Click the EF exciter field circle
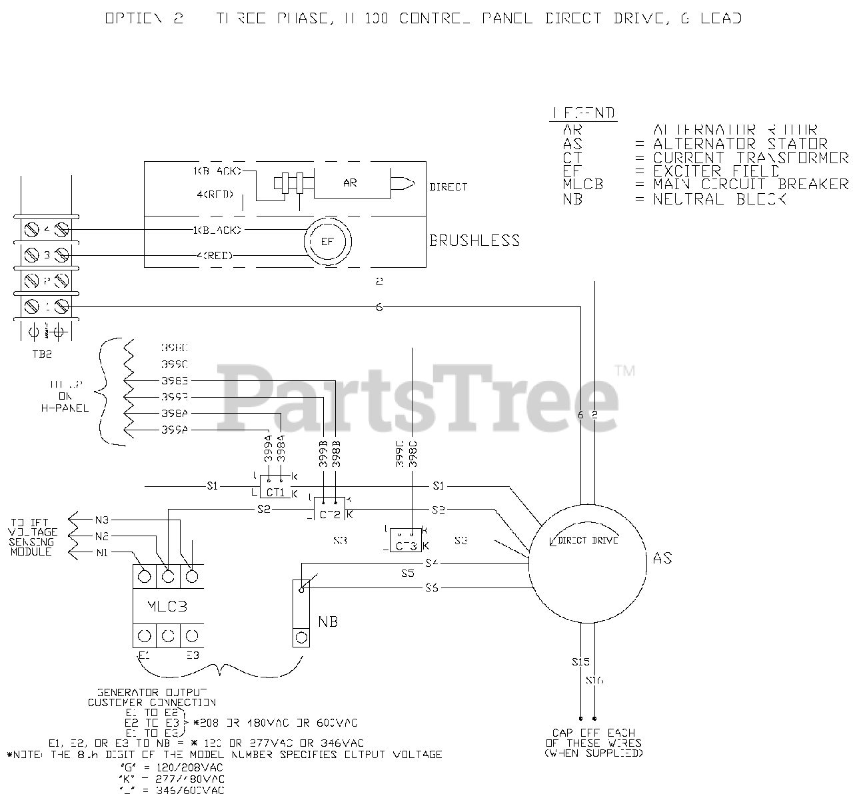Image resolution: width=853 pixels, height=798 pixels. pos(327,241)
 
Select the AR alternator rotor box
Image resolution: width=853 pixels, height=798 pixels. pos(350,183)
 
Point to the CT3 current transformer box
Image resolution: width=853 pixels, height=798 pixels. pos(407,546)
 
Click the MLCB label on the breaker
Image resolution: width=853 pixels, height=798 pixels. pos(168,607)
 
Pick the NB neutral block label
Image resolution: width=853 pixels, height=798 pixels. pos(328,621)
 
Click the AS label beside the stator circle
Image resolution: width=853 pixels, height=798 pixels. pos(662,558)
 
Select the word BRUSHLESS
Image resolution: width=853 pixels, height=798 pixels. pos(474,240)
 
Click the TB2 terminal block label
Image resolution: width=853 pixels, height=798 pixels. pos(41,354)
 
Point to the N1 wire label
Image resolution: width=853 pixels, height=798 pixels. pos(101,552)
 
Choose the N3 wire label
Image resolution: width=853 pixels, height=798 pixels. pos(101,520)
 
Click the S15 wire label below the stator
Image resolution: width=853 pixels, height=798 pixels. pos(580,662)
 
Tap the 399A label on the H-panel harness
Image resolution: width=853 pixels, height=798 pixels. pos(175,430)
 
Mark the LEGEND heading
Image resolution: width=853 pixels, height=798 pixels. pos(584,113)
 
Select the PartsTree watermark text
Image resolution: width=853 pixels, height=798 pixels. pos(420,396)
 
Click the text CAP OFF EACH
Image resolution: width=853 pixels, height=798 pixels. pos(593,733)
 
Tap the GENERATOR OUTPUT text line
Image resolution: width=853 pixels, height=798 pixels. pos(152,691)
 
